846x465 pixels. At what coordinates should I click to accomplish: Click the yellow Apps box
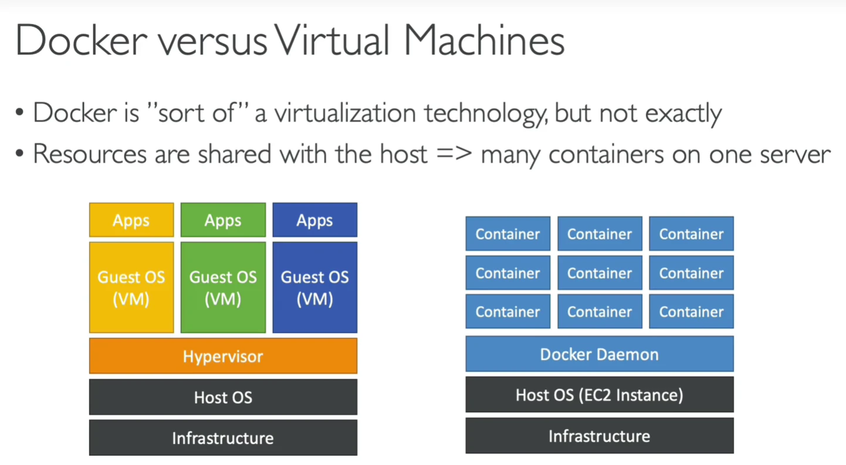pos(131,220)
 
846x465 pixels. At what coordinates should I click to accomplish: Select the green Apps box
pos(223,220)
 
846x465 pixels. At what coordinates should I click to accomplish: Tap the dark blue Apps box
pos(315,220)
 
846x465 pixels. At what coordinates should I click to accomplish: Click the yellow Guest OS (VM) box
pos(131,288)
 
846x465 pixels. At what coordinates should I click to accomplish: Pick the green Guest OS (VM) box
pos(223,288)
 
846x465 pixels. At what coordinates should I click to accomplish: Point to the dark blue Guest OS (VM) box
pos(315,288)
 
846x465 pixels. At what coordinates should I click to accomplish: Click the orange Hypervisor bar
pos(223,356)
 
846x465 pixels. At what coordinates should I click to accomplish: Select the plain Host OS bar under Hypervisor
pos(223,397)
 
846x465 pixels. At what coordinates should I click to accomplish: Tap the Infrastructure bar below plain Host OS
pos(223,438)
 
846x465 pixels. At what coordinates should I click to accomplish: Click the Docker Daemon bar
pos(600,354)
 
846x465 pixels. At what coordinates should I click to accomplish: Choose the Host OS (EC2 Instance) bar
pos(600,395)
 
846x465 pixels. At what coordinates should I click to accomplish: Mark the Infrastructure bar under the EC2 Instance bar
pos(600,436)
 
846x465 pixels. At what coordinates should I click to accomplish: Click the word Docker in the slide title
pos(81,41)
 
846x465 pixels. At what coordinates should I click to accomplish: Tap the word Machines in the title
pos(484,41)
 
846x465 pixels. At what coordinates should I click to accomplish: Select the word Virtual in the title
pos(331,41)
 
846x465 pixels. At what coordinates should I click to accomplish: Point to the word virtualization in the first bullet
pos(345,113)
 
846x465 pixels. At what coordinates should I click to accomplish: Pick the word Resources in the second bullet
pos(90,154)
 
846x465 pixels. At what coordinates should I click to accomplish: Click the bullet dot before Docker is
pos(19,113)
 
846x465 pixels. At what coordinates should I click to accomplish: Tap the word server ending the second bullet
pos(796,155)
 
